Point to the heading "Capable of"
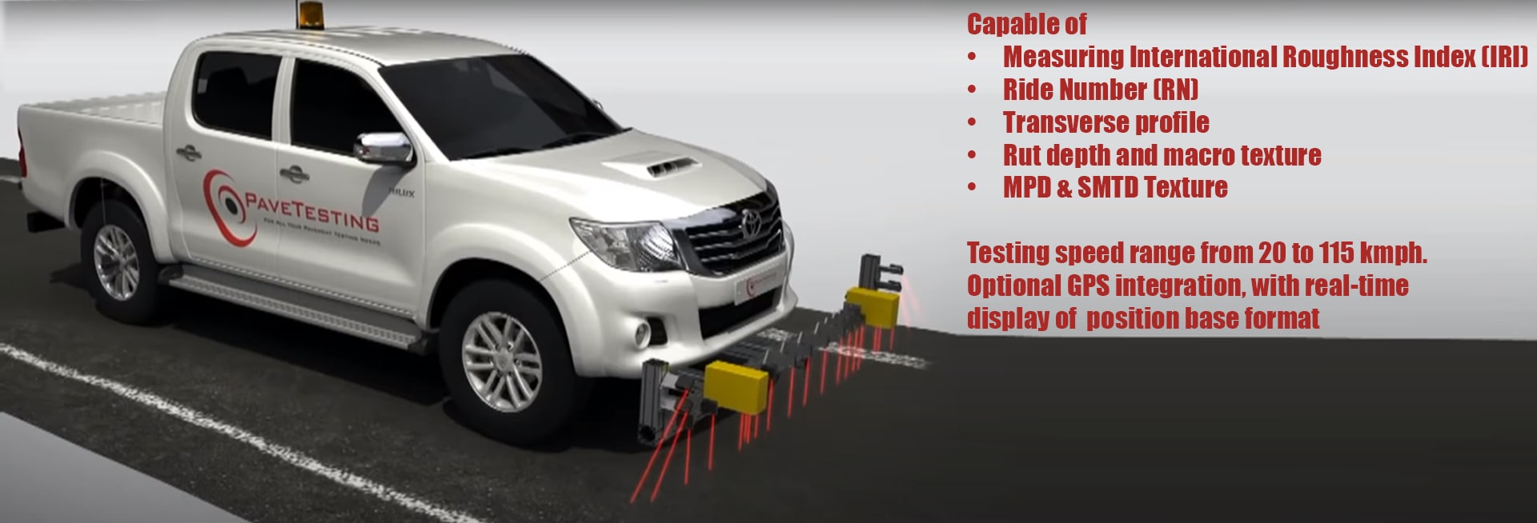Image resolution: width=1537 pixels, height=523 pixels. (1026, 25)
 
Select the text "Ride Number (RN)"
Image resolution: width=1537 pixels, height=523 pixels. (1100, 90)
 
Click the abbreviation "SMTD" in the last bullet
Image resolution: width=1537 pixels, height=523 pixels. (1108, 187)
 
